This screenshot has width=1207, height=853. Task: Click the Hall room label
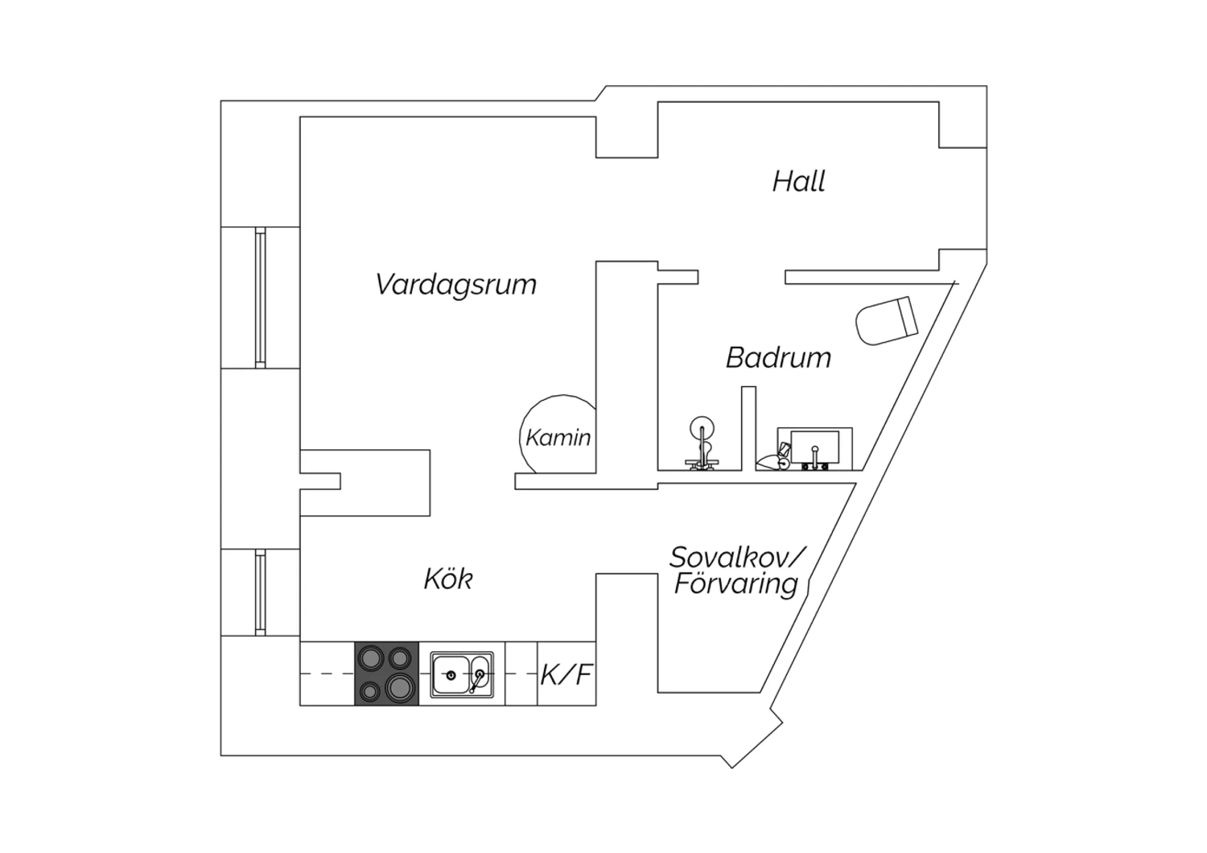pyautogui.click(x=798, y=181)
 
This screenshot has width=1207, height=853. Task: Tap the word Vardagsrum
pyautogui.click(x=456, y=285)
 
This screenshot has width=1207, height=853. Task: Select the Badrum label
pyautogui.click(x=779, y=358)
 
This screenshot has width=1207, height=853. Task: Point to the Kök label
pyautogui.click(x=448, y=579)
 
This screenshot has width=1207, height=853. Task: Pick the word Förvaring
pyautogui.click(x=736, y=585)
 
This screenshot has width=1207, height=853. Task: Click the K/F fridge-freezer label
pyautogui.click(x=566, y=674)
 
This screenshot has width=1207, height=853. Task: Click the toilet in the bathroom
pyautogui.click(x=887, y=320)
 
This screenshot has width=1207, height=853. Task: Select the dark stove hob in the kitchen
pyautogui.click(x=386, y=673)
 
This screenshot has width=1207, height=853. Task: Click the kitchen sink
pyautogui.click(x=462, y=674)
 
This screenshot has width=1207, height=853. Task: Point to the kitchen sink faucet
pyautogui.click(x=476, y=682)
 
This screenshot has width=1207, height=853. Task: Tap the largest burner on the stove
pyautogui.click(x=400, y=688)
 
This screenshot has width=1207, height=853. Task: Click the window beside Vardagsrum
pyautogui.click(x=260, y=298)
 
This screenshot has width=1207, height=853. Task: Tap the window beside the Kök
pyautogui.click(x=260, y=592)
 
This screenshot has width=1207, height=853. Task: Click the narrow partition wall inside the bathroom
pyautogui.click(x=748, y=428)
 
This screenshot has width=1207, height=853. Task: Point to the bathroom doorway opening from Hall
pyautogui.click(x=741, y=277)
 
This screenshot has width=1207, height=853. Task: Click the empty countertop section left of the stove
pyautogui.click(x=327, y=674)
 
